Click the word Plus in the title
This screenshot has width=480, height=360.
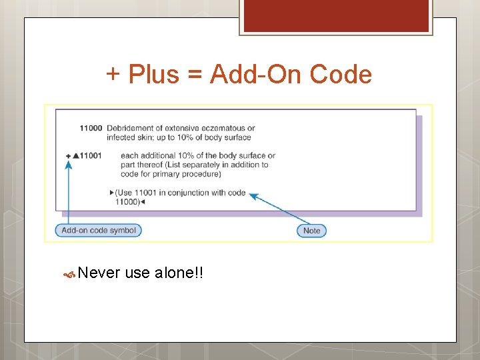[154, 74]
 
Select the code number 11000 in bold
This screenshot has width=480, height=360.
[91, 128]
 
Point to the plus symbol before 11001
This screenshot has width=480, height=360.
[68, 156]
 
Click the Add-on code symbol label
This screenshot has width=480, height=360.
[98, 231]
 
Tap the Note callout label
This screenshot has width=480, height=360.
[311, 231]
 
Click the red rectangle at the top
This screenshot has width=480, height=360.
[335, 15]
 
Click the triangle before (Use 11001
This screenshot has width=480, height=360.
[111, 193]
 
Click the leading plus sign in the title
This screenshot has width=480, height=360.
[113, 74]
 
